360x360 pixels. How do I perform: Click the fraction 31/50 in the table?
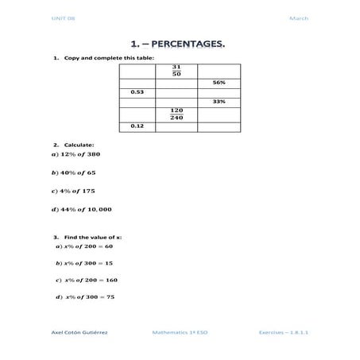[176, 71]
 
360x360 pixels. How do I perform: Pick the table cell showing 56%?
[219, 82]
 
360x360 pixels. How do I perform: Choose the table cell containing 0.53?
[136, 92]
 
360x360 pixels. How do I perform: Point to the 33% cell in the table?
[219, 103]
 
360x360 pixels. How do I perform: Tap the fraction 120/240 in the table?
[176, 114]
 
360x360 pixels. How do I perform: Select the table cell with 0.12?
[136, 126]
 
